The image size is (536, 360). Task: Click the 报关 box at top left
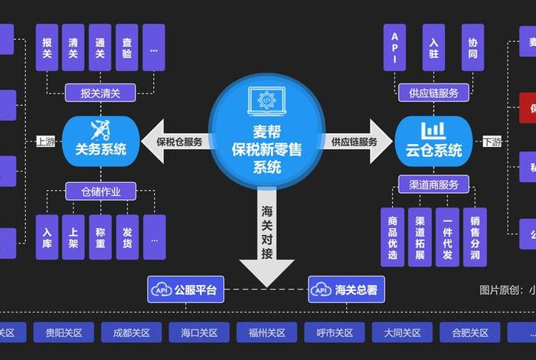(47, 47)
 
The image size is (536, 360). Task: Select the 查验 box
(127, 47)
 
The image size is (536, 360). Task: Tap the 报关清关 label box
(100, 93)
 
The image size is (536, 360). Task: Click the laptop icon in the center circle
(266, 101)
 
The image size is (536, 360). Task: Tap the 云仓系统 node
(433, 141)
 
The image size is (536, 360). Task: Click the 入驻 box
(433, 47)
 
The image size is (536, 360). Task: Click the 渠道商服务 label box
(433, 185)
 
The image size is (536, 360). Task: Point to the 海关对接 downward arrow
(266, 237)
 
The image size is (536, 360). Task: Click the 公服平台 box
(186, 290)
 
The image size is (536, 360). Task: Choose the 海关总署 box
(347, 290)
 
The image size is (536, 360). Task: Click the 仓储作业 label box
(100, 191)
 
